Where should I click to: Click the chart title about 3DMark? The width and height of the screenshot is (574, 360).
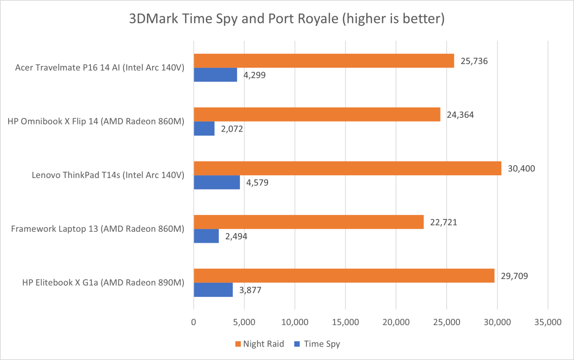(x=287, y=19)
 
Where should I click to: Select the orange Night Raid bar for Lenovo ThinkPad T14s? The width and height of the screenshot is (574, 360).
(x=347, y=169)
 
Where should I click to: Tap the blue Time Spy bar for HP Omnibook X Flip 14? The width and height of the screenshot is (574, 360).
(x=204, y=129)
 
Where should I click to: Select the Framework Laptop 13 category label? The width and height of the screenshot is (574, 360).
(x=97, y=229)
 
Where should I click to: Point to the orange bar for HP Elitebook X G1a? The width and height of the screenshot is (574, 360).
(x=344, y=276)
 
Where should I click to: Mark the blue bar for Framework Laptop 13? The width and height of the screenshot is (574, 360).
(x=206, y=236)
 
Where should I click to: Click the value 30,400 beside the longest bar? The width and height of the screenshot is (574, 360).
(x=522, y=169)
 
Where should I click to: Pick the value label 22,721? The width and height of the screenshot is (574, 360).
(x=444, y=222)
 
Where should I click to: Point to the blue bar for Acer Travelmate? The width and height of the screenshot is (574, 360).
(x=215, y=75)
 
